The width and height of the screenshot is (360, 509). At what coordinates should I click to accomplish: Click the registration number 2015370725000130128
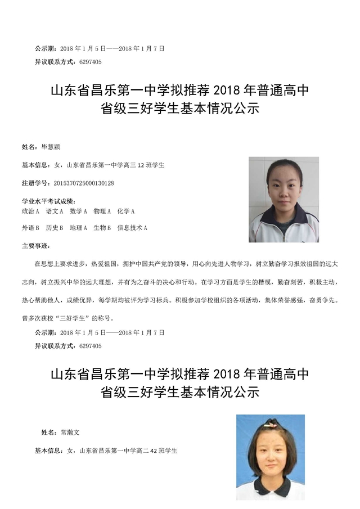coord(83,183)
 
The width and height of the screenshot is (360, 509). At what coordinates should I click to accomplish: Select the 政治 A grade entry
coord(30,211)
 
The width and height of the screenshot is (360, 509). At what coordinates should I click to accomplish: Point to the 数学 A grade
coord(79,211)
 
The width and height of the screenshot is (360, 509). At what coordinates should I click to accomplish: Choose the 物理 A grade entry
coord(102,211)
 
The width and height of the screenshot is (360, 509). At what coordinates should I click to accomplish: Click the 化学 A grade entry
coord(126,211)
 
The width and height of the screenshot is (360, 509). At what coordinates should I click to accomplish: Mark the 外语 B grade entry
coord(30,228)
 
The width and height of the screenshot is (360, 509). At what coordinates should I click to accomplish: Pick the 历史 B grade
coord(55,228)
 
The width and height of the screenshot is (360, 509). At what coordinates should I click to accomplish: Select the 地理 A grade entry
coord(79,228)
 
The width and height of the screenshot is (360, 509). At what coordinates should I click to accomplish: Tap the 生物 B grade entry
coord(102,228)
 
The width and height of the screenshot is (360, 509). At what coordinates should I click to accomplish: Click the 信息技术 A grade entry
coord(132,228)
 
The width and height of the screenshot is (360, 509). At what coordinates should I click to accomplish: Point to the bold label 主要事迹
coord(35,246)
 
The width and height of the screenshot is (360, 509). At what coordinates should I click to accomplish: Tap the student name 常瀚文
coord(70,433)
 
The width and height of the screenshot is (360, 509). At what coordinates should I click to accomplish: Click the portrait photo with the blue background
coord(270,457)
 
